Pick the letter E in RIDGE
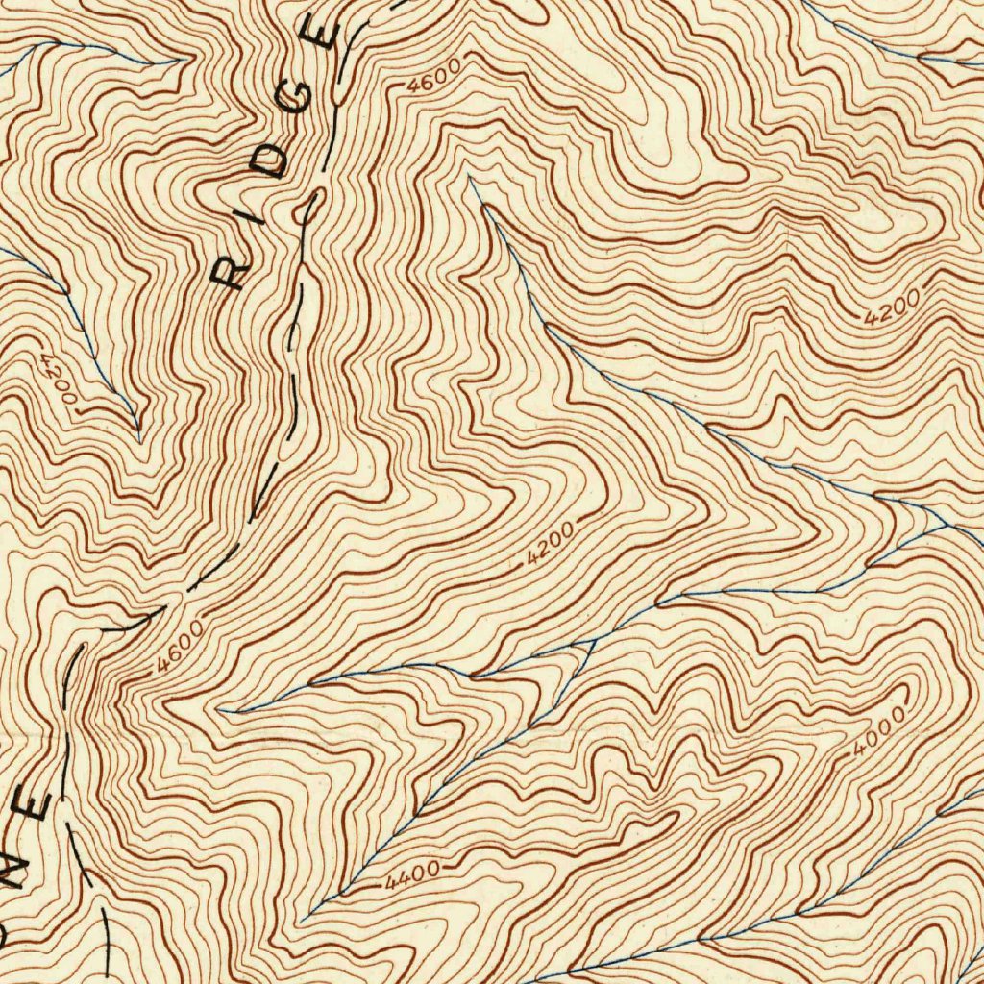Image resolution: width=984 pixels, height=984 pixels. click(322, 34)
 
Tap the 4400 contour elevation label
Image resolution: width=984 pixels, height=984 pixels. click(413, 873)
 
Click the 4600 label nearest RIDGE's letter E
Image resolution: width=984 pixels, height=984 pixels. click(433, 74)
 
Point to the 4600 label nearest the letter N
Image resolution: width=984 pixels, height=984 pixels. click(178, 645)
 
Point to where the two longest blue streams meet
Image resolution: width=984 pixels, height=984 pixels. click(947, 527)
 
